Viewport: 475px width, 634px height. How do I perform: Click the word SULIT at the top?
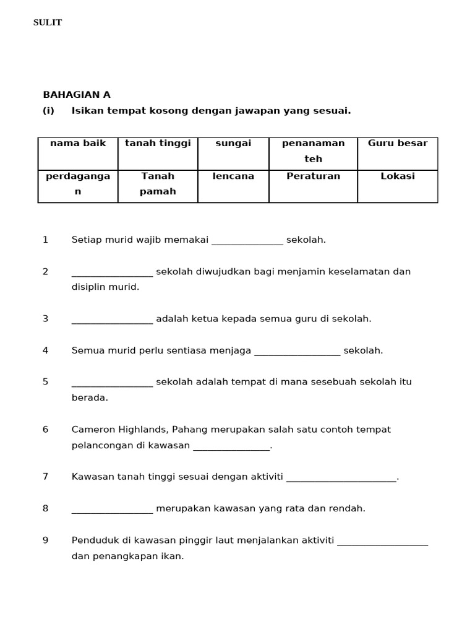click(x=48, y=23)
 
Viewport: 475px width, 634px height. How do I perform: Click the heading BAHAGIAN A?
click(x=77, y=95)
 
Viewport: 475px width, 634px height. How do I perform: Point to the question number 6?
click(x=45, y=430)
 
